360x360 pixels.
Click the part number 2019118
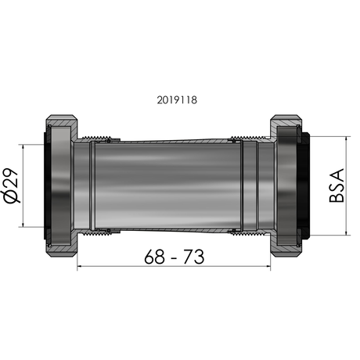coord(177,100)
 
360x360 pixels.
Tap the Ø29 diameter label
coord(11,185)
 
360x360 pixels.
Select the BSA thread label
coord(337,185)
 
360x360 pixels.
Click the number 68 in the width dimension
coord(154,257)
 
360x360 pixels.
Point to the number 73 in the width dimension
coord(193,257)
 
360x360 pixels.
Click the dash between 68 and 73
coord(174,258)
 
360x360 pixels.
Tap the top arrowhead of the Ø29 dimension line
coord(23,146)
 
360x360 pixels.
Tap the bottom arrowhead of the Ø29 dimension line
coord(23,225)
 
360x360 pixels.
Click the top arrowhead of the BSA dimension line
coord(346,139)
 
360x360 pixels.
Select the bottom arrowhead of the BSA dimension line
coord(346,232)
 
